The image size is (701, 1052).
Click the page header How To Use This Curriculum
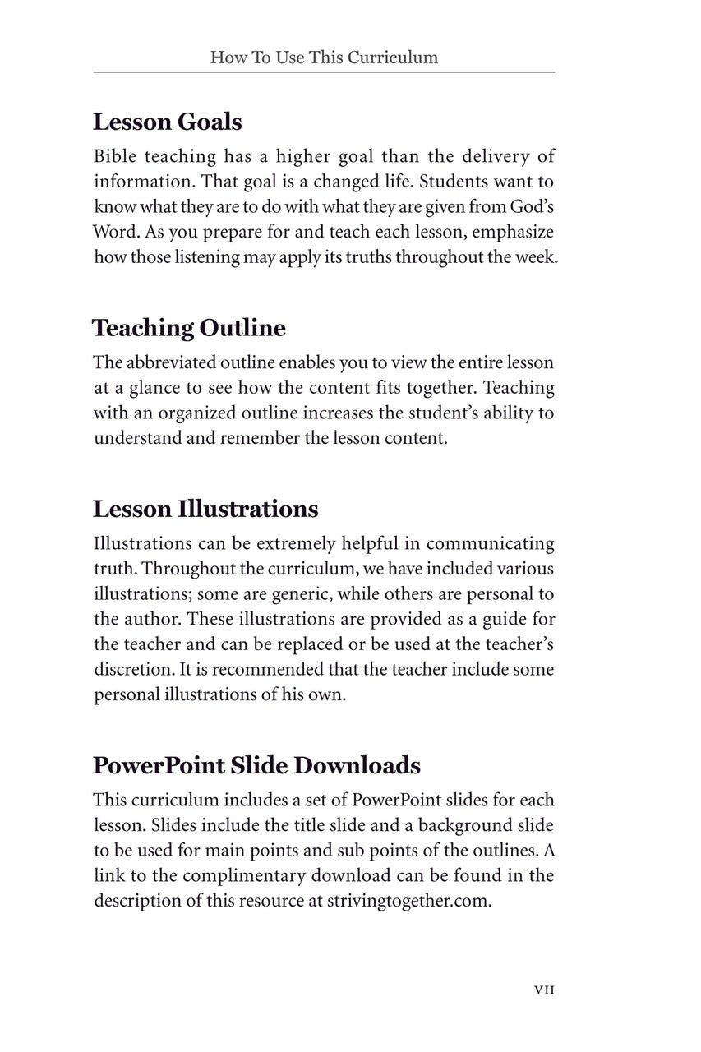pyautogui.click(x=324, y=58)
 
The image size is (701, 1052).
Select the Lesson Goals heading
pyautogui.click(x=167, y=122)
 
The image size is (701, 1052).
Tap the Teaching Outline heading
pyautogui.click(x=189, y=328)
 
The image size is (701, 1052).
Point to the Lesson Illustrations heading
pyautogui.click(x=205, y=509)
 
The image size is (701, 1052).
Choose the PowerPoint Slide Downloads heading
pyautogui.click(x=256, y=765)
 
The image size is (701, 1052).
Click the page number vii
pyautogui.click(x=544, y=990)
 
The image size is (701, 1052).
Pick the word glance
pyautogui.click(x=156, y=388)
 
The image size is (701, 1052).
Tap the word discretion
pyautogui.click(x=131, y=670)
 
